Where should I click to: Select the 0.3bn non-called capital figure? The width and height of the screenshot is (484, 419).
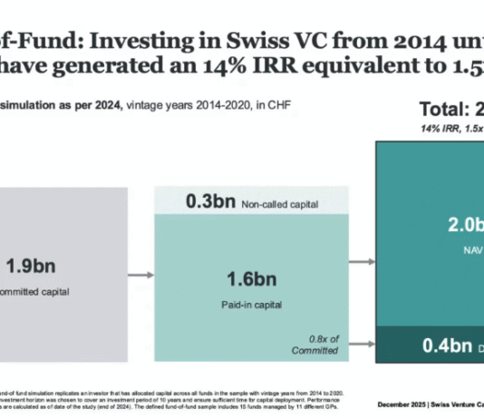pos(210,201)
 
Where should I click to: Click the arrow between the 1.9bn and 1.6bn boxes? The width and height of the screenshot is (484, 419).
pos(140,273)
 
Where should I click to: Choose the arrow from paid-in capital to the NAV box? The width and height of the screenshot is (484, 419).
pos(362,262)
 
